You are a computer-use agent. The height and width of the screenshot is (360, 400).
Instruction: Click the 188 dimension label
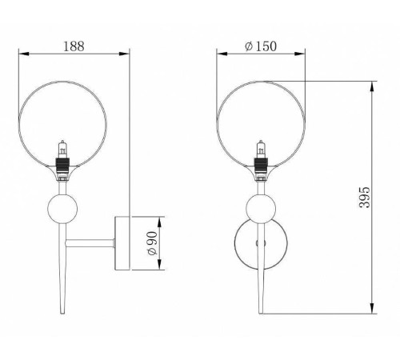tap(74, 46)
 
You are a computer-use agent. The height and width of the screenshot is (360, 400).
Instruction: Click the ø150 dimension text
tap(261, 46)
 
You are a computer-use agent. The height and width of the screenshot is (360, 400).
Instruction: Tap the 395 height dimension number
tap(365, 198)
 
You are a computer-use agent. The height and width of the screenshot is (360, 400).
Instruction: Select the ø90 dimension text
tap(152, 243)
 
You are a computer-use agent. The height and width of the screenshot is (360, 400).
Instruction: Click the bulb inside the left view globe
tap(62, 150)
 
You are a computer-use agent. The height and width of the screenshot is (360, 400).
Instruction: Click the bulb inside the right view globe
tap(261, 150)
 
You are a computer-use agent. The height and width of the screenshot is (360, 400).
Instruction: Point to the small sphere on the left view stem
tap(62, 209)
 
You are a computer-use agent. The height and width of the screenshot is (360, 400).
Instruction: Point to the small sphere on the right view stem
tap(261, 209)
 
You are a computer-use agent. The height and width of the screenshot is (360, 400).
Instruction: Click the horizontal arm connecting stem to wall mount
tap(90, 243)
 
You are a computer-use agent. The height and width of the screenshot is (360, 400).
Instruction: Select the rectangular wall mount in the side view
tap(122, 243)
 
